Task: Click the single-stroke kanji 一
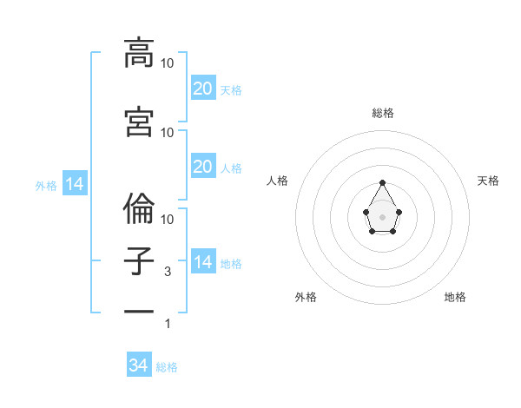pyautogui.click(x=139, y=311)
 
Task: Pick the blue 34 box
pyautogui.click(x=138, y=365)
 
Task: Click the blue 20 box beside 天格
pyautogui.click(x=202, y=89)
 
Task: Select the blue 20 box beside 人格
pyautogui.click(x=202, y=167)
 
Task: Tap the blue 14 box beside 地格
pyautogui.click(x=202, y=262)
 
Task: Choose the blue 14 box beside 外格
pyautogui.click(x=75, y=184)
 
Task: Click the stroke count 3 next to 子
pyautogui.click(x=168, y=272)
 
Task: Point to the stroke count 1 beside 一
pyautogui.click(x=168, y=324)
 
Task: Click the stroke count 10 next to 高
pyautogui.click(x=168, y=63)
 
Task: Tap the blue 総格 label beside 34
pyautogui.click(x=167, y=366)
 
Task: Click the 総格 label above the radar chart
pyautogui.click(x=382, y=113)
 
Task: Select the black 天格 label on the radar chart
pyautogui.click(x=488, y=181)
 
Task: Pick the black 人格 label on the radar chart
pyautogui.click(x=277, y=181)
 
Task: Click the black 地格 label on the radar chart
pyautogui.click(x=455, y=297)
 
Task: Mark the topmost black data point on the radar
pyautogui.click(x=382, y=182)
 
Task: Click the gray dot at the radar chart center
pyautogui.click(x=382, y=216)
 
